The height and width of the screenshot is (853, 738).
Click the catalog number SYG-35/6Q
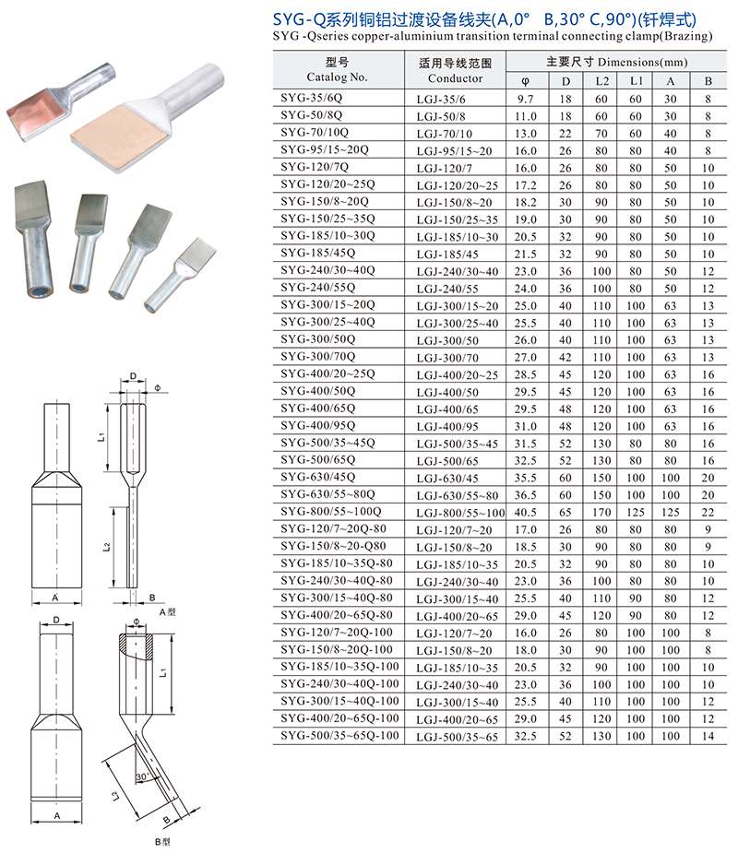(311, 98)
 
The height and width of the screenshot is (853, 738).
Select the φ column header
(525, 81)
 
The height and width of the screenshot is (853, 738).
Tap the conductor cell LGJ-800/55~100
(460, 513)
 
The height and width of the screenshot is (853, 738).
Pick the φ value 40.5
(526, 513)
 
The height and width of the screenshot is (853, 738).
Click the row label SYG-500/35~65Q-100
(339, 736)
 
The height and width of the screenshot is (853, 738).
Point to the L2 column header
(601, 81)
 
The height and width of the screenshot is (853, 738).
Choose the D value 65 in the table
(565, 513)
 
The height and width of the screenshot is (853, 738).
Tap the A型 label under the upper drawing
(167, 612)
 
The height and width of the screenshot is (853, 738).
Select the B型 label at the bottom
(162, 842)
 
